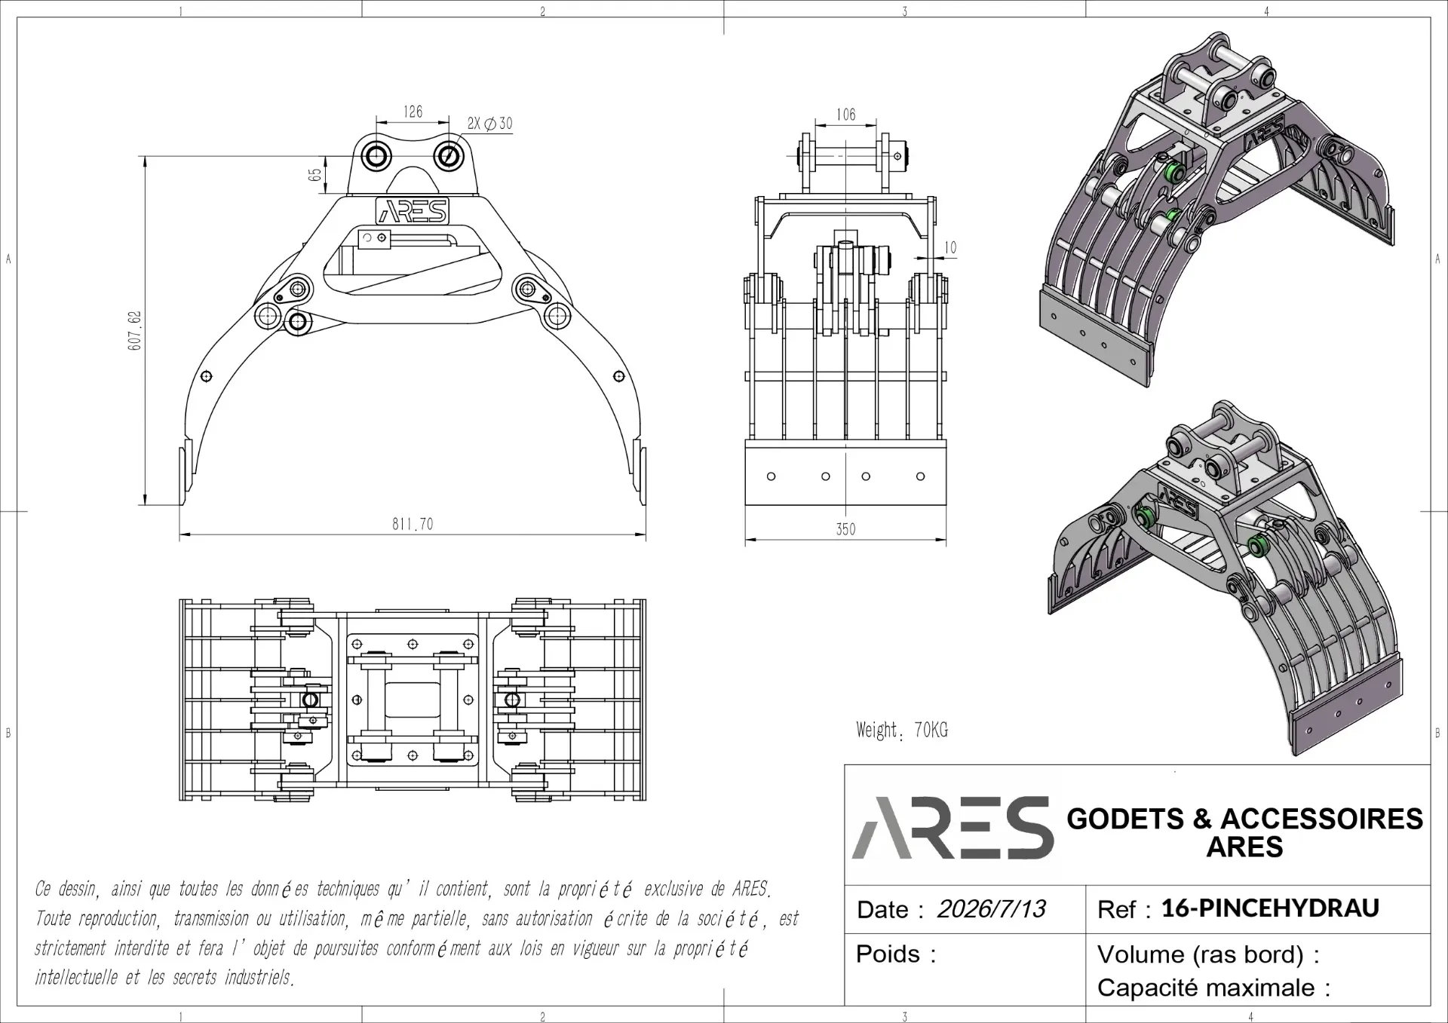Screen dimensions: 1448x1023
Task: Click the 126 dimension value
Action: (413, 112)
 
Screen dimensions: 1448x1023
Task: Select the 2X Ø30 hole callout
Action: (489, 124)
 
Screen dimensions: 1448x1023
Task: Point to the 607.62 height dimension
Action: (135, 330)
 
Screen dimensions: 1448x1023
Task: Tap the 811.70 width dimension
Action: (413, 524)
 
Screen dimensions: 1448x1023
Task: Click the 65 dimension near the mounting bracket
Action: (315, 174)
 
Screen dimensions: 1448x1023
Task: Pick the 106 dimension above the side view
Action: (846, 115)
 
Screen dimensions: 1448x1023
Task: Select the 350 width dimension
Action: (845, 529)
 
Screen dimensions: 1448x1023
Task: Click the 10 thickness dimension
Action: (950, 247)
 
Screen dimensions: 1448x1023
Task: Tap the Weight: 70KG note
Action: (902, 730)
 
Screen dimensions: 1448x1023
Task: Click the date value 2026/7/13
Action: (991, 909)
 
